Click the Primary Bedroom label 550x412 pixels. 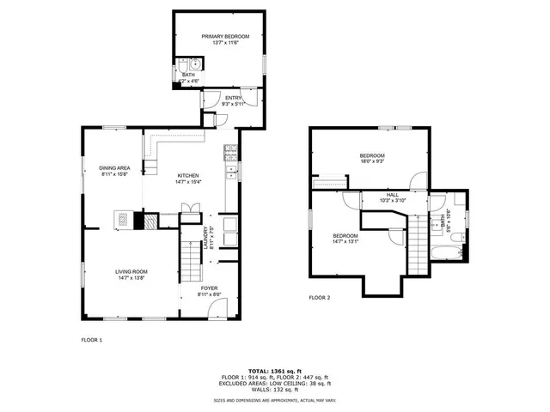click(x=225, y=36)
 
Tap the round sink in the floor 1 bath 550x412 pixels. click(x=196, y=64)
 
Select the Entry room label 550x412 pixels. click(x=233, y=98)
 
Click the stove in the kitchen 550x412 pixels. click(x=230, y=154)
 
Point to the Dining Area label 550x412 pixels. click(x=114, y=167)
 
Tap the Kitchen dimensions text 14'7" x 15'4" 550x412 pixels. click(x=187, y=181)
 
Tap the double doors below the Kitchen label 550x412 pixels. click(x=190, y=209)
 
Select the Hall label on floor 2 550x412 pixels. click(x=392, y=195)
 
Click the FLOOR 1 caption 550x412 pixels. click(x=91, y=340)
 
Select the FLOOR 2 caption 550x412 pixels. click(x=320, y=297)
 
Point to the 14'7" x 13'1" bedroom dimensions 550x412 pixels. click(x=345, y=241)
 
